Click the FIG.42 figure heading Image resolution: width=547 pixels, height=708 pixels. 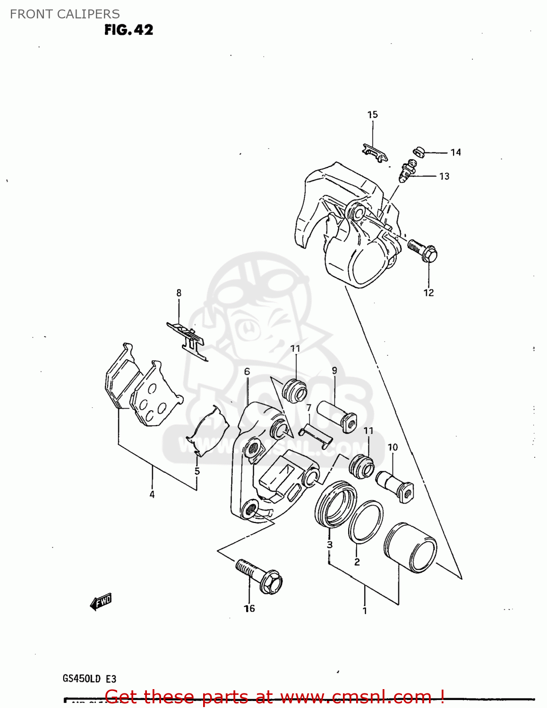(x=128, y=30)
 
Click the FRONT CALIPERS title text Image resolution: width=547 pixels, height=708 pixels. (x=65, y=14)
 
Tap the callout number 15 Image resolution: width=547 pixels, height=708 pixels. (x=372, y=115)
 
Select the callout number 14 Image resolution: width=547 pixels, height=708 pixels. (x=455, y=152)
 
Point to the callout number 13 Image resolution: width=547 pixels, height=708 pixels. (x=444, y=177)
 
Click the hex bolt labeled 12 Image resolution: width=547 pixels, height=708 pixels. (x=423, y=251)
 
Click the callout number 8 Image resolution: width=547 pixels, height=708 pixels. (x=179, y=293)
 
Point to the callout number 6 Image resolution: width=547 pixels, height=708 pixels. (x=247, y=372)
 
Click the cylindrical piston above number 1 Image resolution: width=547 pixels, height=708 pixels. (x=410, y=548)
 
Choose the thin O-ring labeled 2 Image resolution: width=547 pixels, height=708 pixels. (x=366, y=522)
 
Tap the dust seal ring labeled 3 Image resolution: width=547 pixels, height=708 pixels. (x=335, y=504)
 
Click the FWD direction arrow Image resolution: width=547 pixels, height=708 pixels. (x=101, y=602)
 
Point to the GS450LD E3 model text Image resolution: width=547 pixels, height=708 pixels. (x=89, y=679)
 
